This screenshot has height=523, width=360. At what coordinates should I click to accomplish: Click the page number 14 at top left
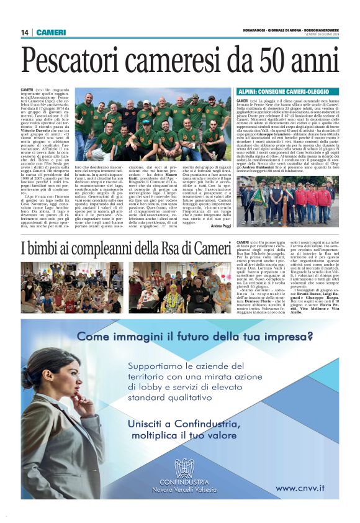[x=25, y=32]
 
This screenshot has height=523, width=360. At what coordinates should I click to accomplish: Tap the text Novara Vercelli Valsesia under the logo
[x=184, y=489]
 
